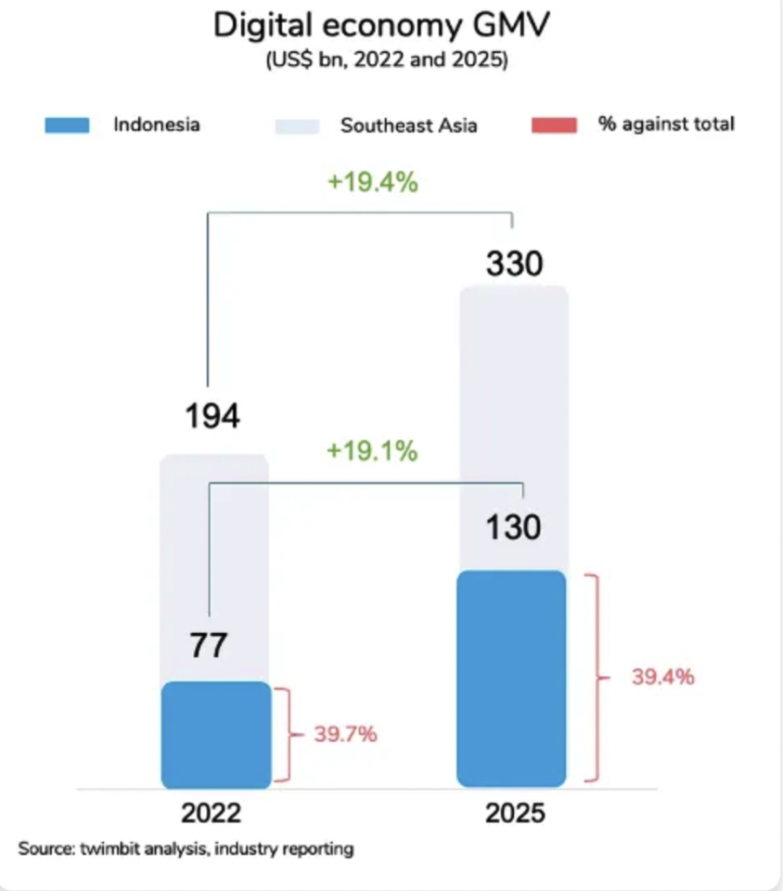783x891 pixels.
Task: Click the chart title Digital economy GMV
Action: [381, 25]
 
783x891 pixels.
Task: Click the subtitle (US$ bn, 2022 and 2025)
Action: [381, 62]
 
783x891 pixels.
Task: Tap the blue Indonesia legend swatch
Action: [67, 124]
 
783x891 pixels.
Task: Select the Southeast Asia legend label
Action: [408, 124]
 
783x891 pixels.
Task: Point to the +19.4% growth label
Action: [372, 182]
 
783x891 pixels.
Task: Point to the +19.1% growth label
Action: [372, 452]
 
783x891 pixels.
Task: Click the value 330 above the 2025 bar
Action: [514, 265]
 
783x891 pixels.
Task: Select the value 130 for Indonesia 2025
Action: [514, 528]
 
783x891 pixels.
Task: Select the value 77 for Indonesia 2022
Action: [208, 645]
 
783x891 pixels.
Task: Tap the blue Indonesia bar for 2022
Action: [215, 735]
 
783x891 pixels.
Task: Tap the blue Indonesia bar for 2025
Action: [511, 678]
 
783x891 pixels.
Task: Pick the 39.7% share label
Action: [345, 735]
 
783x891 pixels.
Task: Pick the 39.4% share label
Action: [662, 677]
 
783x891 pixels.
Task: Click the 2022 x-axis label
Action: [212, 815]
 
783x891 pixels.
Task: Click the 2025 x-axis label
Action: [516, 815]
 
